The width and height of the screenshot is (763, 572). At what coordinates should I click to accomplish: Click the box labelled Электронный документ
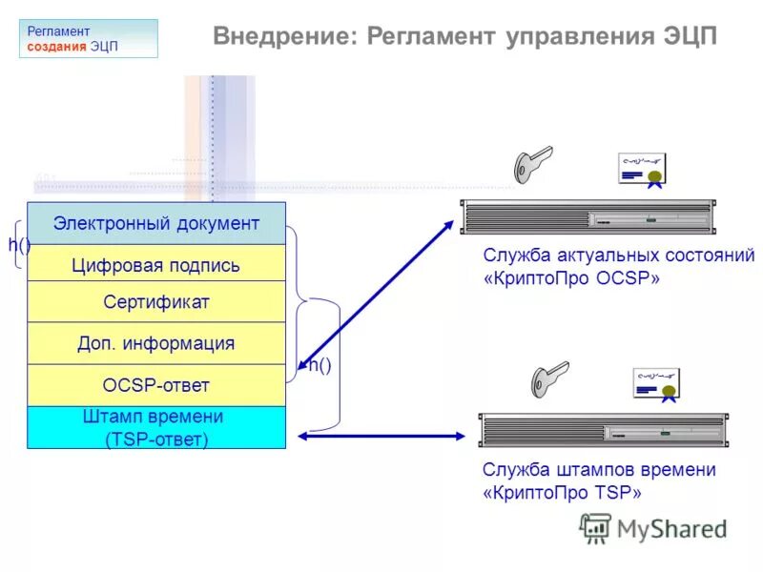pyautogui.click(x=156, y=223)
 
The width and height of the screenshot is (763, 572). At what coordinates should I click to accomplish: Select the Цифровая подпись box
pyautogui.click(x=156, y=264)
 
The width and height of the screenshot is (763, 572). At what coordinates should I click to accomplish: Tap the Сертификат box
pyautogui.click(x=156, y=302)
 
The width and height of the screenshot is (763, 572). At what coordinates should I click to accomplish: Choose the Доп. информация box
pyautogui.click(x=156, y=343)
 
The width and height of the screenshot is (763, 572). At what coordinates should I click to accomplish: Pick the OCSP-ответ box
pyautogui.click(x=156, y=385)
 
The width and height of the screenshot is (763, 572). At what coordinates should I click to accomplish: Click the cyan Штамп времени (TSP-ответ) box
pyautogui.click(x=156, y=427)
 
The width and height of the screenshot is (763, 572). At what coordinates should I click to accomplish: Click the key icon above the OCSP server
pyautogui.click(x=531, y=164)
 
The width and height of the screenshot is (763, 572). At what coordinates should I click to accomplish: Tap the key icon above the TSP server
pyautogui.click(x=549, y=378)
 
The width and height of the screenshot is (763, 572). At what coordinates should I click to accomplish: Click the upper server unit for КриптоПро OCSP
pyautogui.click(x=587, y=216)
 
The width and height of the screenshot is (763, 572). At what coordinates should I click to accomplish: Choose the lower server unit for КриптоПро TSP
pyautogui.click(x=602, y=431)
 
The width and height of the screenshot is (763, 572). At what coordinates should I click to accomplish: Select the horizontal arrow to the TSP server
pyautogui.click(x=387, y=436)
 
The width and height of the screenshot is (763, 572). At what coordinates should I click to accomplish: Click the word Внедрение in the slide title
pyautogui.click(x=280, y=37)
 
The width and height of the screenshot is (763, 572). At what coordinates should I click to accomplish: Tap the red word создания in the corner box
pyautogui.click(x=56, y=47)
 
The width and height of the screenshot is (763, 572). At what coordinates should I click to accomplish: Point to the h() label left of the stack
pyautogui.click(x=19, y=245)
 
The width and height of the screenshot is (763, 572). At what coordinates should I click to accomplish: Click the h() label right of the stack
pyautogui.click(x=319, y=365)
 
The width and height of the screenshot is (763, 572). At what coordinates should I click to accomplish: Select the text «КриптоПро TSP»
pyautogui.click(x=563, y=493)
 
